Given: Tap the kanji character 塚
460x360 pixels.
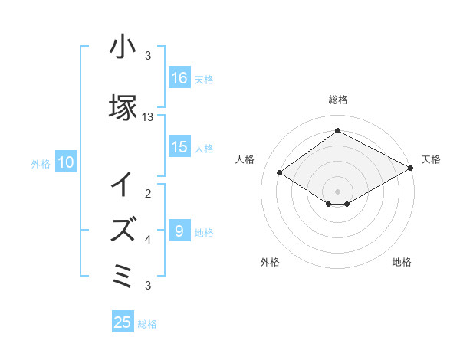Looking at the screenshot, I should click(123, 107).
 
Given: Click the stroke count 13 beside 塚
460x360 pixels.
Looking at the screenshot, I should click(148, 117).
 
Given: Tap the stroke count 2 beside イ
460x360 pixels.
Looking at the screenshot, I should click(148, 195).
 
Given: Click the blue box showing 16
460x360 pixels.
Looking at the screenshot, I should click(179, 77).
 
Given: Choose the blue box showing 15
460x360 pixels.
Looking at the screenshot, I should click(179, 147).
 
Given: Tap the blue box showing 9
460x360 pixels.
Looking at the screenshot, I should click(179, 231).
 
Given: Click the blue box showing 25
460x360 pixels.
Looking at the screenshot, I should click(123, 322).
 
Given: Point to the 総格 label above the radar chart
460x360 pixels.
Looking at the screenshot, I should click(338, 100).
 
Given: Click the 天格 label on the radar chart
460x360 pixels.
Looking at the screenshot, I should click(431, 159).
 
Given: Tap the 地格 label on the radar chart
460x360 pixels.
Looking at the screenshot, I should click(402, 262).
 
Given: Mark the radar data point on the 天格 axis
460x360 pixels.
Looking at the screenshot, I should click(410, 169).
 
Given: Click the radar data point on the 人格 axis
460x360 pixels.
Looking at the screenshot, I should click(280, 173).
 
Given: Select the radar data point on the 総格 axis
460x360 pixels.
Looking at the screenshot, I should click(338, 131).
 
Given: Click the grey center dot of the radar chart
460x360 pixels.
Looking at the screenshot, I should click(338, 191).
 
